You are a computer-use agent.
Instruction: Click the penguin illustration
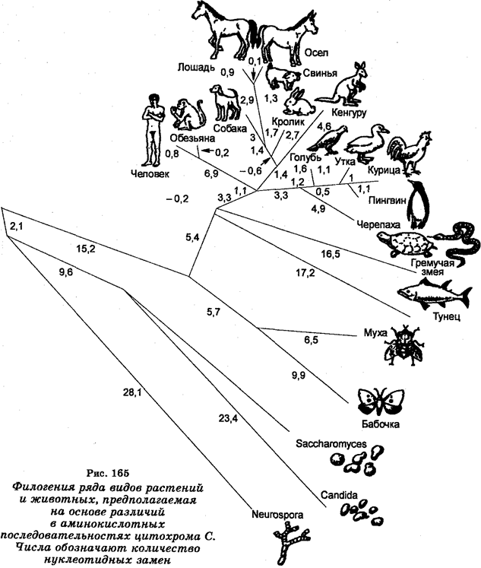419,204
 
